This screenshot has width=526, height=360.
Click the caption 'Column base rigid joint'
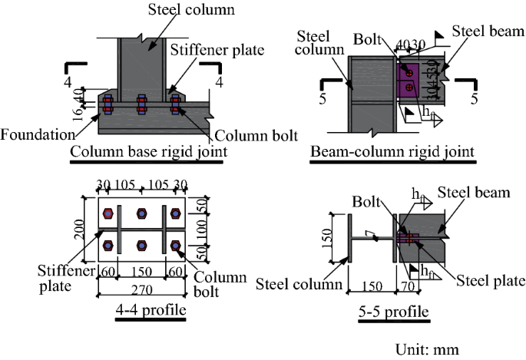[148, 152]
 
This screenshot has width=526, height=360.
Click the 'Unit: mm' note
[427, 349]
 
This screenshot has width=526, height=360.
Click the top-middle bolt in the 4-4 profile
[142, 213]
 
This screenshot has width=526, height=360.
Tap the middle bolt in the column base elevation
[141, 104]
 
